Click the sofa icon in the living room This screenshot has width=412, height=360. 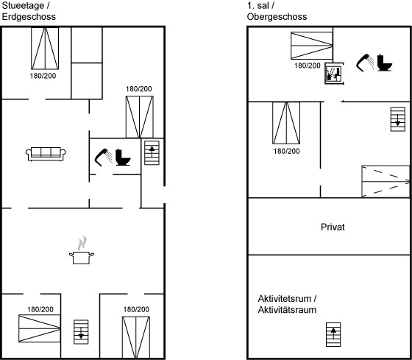46,154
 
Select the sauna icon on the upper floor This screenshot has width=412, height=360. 333,74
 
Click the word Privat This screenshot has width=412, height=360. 333,227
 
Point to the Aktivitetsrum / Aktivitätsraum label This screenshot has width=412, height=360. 287,304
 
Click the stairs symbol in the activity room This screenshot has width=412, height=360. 333,334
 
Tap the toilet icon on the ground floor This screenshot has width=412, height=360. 123,158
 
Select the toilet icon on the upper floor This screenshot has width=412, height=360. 385,63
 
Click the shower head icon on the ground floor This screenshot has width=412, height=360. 103,158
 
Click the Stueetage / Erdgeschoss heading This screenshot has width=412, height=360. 29,11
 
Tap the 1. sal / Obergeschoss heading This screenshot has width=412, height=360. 277,11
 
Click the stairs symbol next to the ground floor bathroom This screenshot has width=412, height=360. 152,153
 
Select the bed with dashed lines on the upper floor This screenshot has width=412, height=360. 386,181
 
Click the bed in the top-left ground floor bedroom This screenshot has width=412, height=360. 45,49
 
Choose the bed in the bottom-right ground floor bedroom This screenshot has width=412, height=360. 136,337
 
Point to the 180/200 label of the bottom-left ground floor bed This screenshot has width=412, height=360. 40,309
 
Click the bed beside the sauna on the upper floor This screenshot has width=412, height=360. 312,46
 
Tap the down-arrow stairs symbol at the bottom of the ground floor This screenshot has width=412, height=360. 81,332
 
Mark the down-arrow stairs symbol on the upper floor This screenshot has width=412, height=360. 398,119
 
